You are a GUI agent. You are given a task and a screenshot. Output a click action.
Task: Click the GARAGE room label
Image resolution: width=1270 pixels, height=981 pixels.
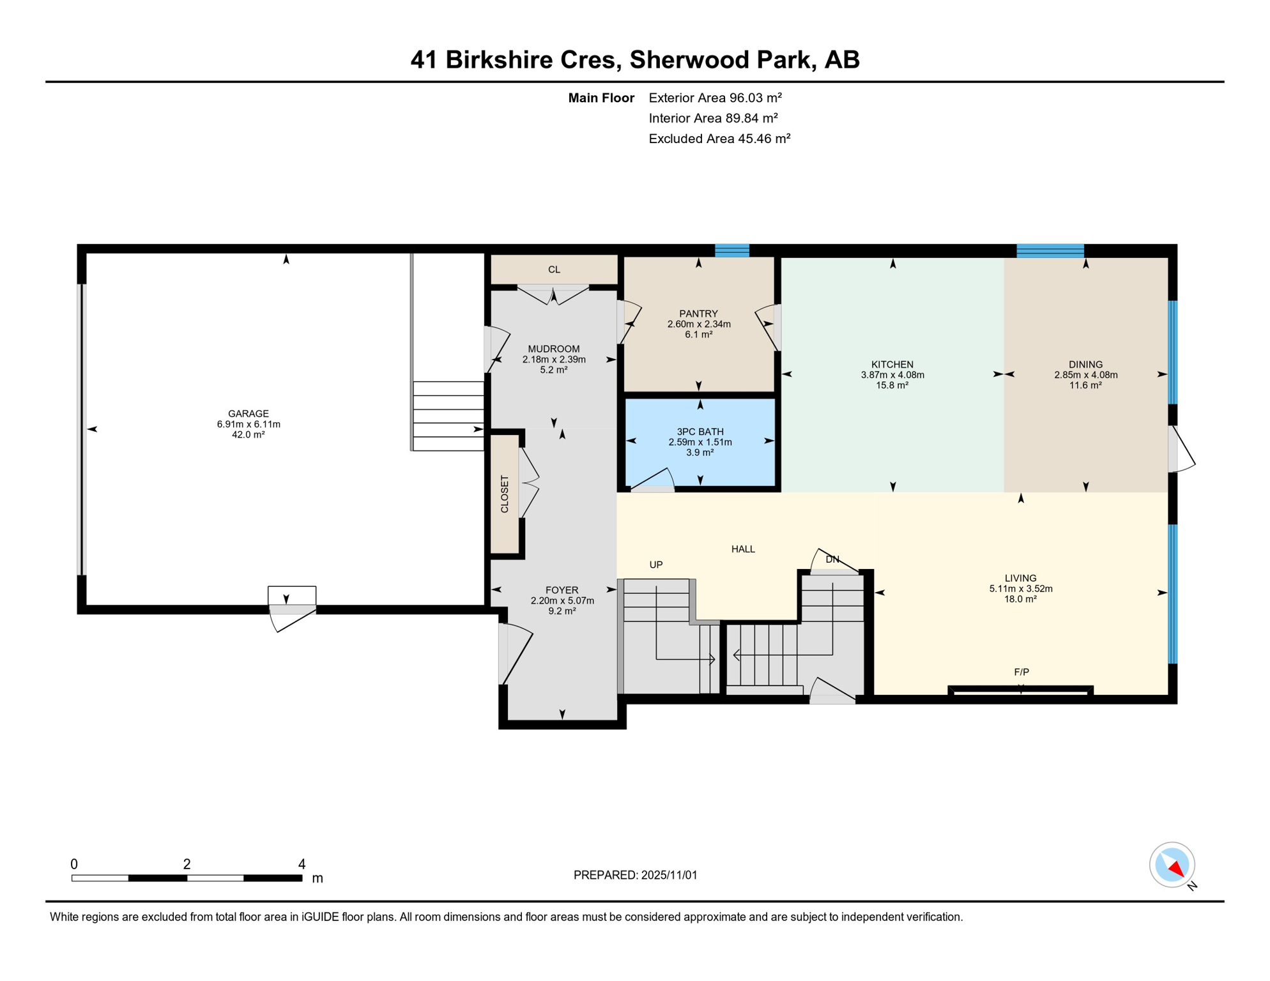pyautogui.click(x=249, y=413)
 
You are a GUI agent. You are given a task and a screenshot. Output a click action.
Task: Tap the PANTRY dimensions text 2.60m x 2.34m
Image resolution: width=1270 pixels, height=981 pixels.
pyautogui.click(x=699, y=324)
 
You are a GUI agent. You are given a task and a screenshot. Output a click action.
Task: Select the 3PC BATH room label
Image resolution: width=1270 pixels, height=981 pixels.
pyautogui.click(x=700, y=432)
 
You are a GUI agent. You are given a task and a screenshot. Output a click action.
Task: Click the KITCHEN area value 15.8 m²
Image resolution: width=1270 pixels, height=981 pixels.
pyautogui.click(x=892, y=385)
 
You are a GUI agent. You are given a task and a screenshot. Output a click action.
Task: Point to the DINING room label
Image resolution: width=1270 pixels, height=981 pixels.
pyautogui.click(x=1085, y=365)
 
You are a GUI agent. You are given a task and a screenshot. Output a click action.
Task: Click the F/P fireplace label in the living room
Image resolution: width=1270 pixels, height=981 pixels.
pyautogui.click(x=1021, y=672)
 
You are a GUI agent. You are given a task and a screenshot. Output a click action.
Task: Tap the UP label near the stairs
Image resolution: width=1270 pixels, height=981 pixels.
pyautogui.click(x=656, y=565)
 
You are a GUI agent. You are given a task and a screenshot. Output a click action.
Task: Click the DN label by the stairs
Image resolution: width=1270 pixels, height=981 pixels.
pyautogui.click(x=832, y=559)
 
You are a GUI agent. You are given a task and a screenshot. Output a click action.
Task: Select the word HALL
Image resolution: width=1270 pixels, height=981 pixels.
pyautogui.click(x=743, y=549)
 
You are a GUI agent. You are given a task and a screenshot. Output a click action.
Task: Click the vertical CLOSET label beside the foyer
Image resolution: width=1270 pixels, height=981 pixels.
pyautogui.click(x=505, y=494)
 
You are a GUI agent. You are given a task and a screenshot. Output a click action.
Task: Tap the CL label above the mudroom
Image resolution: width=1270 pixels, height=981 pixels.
pyautogui.click(x=554, y=270)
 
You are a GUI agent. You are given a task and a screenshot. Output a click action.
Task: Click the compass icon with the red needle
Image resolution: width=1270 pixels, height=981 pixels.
pyautogui.click(x=1172, y=865)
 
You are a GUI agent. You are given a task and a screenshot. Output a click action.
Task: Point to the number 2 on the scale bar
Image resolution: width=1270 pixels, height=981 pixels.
pyautogui.click(x=187, y=864)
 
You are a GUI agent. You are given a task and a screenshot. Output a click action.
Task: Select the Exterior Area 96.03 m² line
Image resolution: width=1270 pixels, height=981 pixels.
pyautogui.click(x=715, y=98)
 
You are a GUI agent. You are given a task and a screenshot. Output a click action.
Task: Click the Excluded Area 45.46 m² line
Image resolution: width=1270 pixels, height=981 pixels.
pyautogui.click(x=719, y=139)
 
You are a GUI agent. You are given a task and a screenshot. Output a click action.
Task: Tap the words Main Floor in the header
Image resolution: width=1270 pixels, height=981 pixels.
pyautogui.click(x=601, y=98)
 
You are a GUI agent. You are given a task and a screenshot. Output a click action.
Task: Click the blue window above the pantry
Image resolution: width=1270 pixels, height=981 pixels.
pyautogui.click(x=731, y=250)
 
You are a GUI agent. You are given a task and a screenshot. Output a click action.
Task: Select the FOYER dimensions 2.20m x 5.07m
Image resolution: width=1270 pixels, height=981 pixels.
pyautogui.click(x=562, y=600)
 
